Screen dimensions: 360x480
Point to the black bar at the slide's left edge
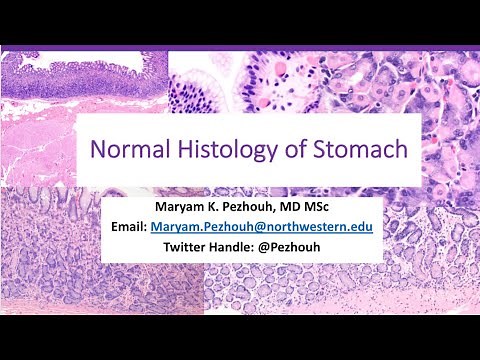tap(4, 180)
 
